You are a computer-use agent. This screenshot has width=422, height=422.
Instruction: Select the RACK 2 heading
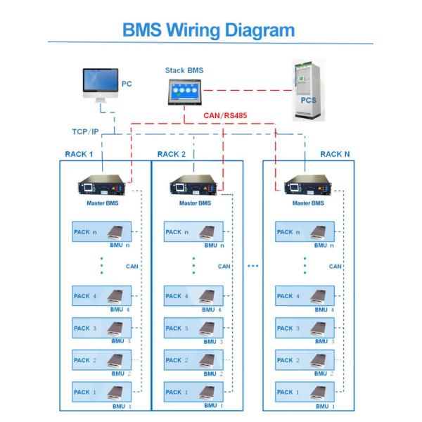click(172, 153)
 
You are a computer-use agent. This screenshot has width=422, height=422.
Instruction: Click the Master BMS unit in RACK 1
click(103, 189)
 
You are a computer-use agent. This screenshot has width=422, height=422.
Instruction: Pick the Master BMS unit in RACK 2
click(193, 189)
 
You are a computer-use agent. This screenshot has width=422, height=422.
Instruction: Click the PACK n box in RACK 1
click(101, 232)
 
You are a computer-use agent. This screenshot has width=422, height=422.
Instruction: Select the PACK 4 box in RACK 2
click(193, 296)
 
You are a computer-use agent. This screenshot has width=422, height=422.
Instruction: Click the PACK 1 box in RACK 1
click(101, 392)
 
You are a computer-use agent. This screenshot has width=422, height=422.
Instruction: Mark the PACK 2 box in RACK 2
click(193, 359)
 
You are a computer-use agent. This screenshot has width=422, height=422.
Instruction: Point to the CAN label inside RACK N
click(335, 267)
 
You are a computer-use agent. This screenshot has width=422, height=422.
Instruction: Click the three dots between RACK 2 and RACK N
click(253, 267)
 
